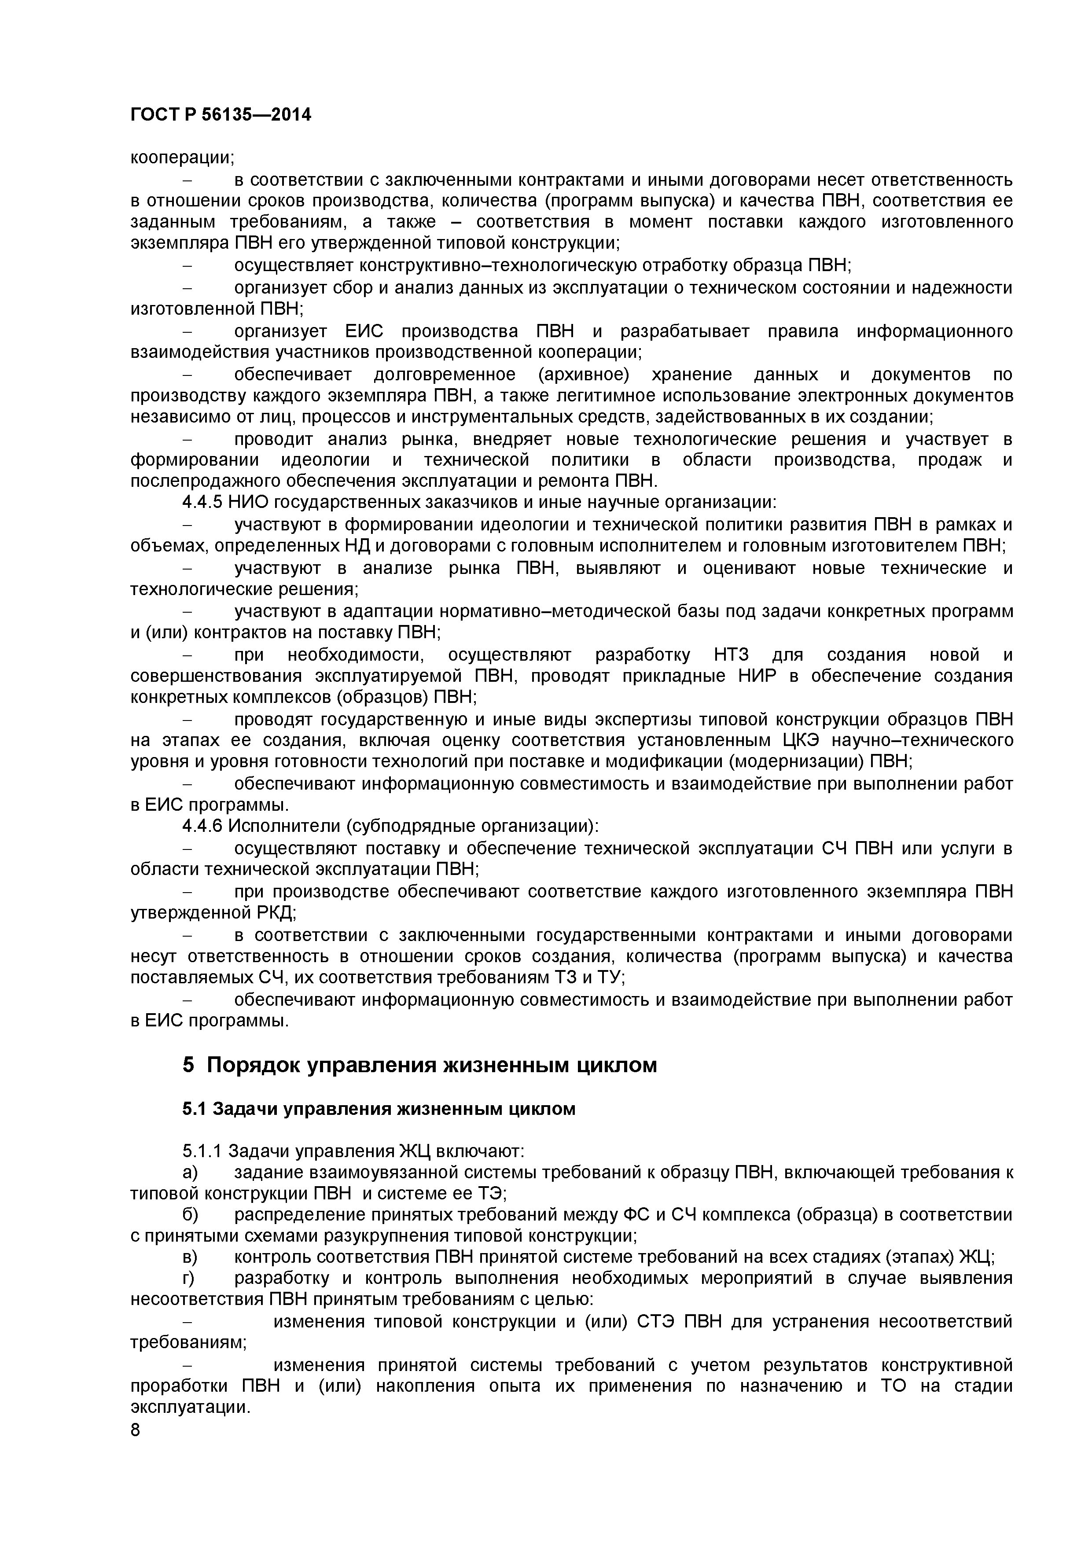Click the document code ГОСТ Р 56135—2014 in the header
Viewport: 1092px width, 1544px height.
coord(221,115)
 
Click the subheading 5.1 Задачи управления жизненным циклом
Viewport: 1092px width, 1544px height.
coord(379,1109)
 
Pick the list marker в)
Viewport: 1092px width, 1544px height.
coord(190,1257)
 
